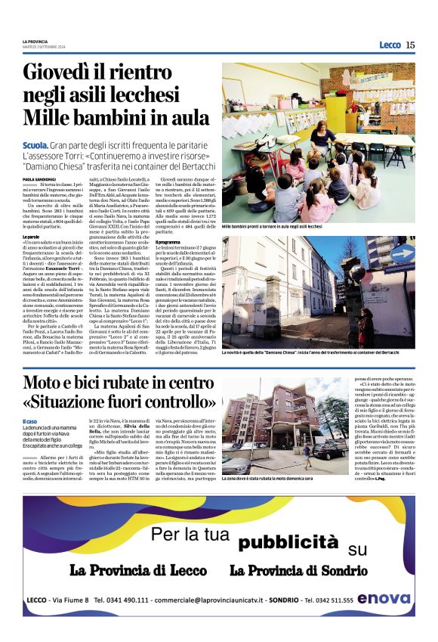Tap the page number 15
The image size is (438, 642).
[x=410, y=45]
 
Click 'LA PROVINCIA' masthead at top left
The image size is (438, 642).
[x=35, y=40]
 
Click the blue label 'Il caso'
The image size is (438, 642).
[x=29, y=420]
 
